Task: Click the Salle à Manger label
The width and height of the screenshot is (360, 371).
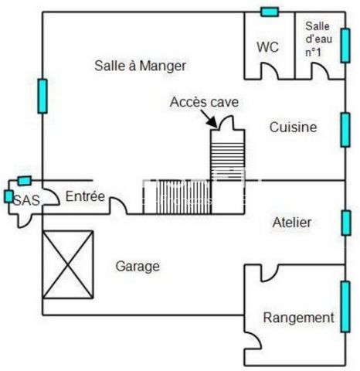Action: click(140, 66)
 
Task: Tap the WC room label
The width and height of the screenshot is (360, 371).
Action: click(268, 47)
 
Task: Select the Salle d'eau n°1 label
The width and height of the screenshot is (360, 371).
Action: click(318, 39)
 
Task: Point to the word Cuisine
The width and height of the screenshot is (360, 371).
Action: click(293, 128)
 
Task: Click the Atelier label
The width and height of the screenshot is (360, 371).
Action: click(292, 223)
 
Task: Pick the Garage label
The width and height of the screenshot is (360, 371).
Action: click(138, 267)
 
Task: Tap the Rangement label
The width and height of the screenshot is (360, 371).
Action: click(298, 318)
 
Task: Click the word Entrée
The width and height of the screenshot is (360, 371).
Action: click(85, 196)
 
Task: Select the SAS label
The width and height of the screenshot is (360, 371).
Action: click(26, 200)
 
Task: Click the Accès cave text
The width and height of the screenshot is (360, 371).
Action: click(204, 102)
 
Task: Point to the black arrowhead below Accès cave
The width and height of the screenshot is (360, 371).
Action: click(212, 122)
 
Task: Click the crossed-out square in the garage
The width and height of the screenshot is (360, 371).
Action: click(68, 264)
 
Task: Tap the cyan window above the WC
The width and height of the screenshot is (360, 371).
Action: click(270, 12)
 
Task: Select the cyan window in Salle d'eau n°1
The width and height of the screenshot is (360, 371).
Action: click(345, 46)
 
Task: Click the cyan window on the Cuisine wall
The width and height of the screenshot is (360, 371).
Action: click(345, 130)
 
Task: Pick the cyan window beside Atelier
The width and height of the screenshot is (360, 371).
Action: click(346, 223)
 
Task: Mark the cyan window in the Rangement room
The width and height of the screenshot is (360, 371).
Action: click(345, 307)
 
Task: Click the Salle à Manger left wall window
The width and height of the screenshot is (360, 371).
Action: click(42, 97)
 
